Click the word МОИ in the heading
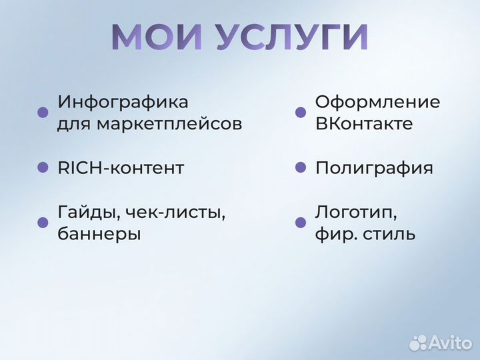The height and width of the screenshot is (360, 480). coord(156,37)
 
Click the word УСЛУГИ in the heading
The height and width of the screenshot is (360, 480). coord(291,37)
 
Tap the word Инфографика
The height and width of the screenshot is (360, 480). coord(123,103)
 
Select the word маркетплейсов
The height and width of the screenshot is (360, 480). coord(169,124)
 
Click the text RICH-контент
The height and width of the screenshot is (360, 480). coord(121,168)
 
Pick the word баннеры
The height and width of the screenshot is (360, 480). coord(99,234)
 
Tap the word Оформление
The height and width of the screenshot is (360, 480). coord(377,103)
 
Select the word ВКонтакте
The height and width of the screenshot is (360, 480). coord(363,124)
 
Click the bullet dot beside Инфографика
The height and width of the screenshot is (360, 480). coord(43,113)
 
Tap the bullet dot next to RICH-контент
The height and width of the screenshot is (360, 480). coord(43,168)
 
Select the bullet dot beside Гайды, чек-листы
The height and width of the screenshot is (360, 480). coord(43,223)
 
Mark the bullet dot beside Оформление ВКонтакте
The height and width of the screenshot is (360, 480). coord(301,113)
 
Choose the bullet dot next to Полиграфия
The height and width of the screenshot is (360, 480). coord(301,168)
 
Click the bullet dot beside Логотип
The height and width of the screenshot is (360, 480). coord(301,223)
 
